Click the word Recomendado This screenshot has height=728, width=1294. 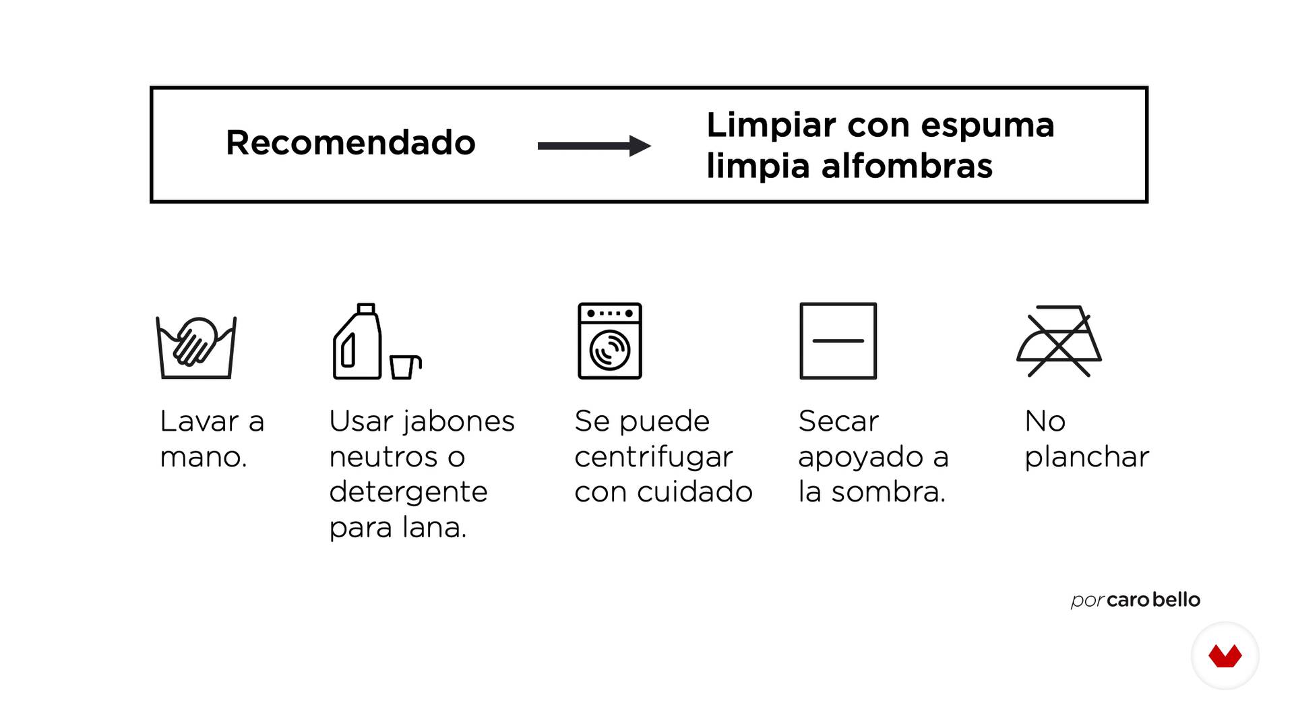pos(350,143)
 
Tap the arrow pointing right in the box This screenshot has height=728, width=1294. pos(594,146)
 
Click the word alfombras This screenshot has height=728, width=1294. pos(906,166)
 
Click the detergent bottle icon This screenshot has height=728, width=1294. pos(357,341)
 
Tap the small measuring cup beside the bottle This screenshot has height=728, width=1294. pos(405,367)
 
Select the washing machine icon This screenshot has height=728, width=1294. pos(610,341)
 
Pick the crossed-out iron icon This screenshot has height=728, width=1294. pos(1059,342)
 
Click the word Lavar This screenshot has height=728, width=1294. pos(199,422)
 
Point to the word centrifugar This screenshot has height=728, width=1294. pos(653,458)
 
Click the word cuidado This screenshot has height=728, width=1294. pos(694,492)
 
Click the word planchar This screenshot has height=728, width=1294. pos(1086,458)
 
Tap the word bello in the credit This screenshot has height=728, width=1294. pos(1177,599)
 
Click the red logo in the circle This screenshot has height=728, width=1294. pos(1225,656)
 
